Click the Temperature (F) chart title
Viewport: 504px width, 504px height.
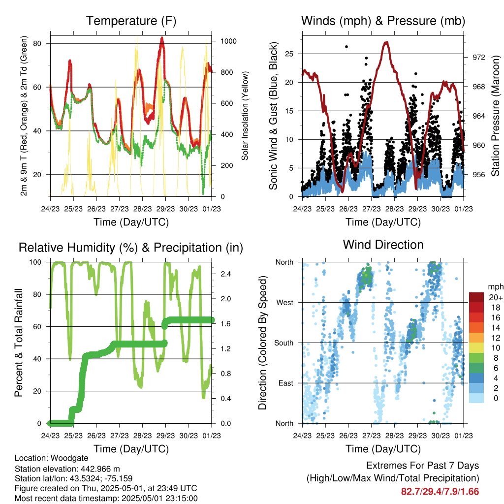[131, 21]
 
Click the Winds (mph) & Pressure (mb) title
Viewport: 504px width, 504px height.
[383, 21]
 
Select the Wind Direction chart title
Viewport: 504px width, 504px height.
[383, 245]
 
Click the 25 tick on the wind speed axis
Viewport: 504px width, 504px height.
[291, 54]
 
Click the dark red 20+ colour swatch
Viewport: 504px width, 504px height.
[477, 297]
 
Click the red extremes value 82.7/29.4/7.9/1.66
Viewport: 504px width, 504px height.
[440, 492]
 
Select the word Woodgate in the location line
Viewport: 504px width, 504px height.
[63, 458]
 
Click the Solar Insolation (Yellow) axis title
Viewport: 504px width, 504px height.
[245, 116]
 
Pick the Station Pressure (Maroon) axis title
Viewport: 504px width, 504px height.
[495, 116]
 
